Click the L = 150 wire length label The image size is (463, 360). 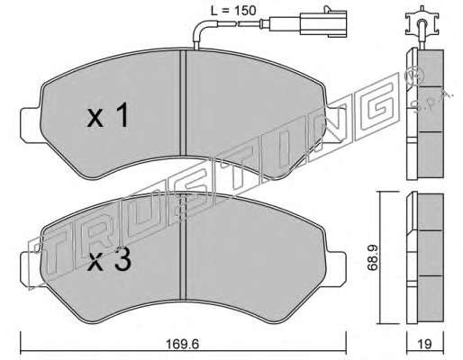point(232,11)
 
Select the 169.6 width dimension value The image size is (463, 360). point(183,344)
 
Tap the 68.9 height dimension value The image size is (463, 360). point(372,257)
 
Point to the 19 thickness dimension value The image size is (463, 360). point(424,344)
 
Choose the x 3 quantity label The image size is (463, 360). point(109,259)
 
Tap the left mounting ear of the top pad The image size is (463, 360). point(30,124)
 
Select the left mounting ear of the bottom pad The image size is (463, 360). point(30,268)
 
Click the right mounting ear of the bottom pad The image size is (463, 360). point(336,268)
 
